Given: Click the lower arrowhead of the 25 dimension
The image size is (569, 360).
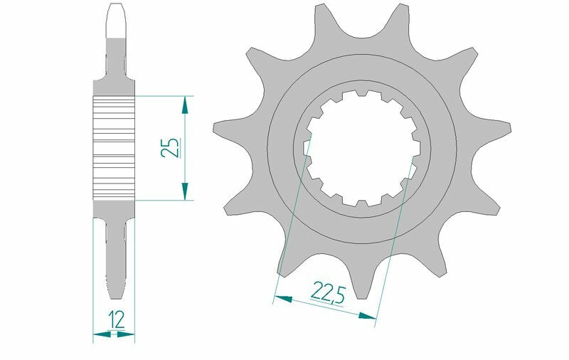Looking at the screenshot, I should click(x=185, y=191).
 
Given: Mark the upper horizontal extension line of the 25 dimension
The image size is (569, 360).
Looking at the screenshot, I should click(x=164, y=96).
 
